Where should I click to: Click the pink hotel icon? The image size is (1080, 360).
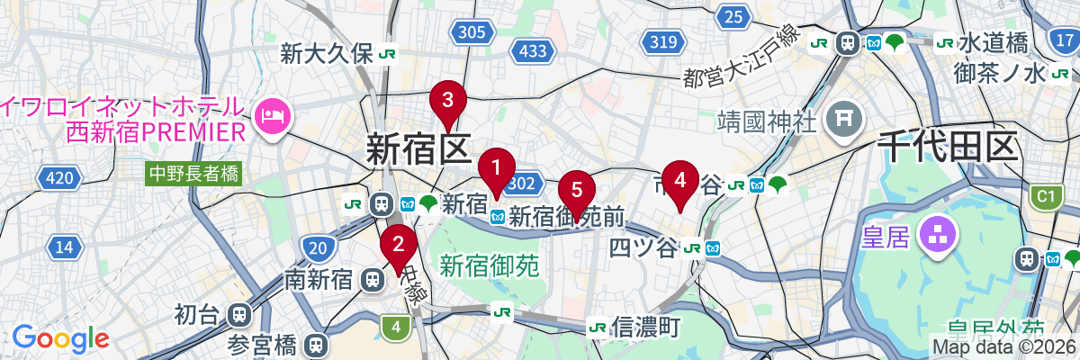pyautogui.click(x=271, y=113)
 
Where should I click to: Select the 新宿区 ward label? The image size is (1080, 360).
pyautogui.click(x=419, y=148)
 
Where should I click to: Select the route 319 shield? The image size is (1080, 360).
pyautogui.click(x=663, y=40)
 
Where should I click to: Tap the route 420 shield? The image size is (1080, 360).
pyautogui.click(x=58, y=179)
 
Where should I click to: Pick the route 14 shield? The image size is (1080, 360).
pyautogui.click(x=64, y=247)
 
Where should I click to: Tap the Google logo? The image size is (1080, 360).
pyautogui.click(x=60, y=338)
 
